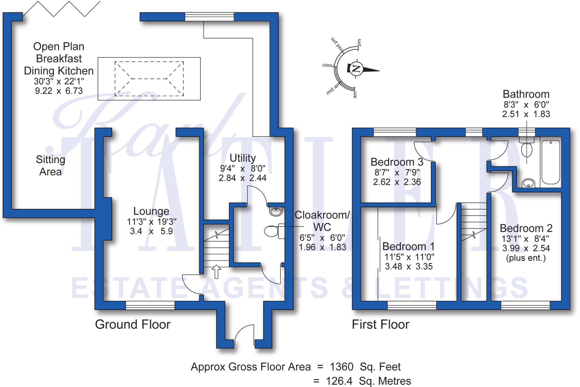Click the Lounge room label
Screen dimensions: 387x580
point(151,211)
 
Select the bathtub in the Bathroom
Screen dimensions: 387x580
point(551,162)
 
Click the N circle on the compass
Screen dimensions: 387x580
point(356,68)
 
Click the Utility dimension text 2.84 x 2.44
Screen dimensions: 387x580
point(242,178)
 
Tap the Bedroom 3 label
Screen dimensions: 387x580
point(397,162)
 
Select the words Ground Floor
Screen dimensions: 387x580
point(133,324)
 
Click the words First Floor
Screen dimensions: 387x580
point(380,324)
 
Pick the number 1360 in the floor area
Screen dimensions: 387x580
point(342,367)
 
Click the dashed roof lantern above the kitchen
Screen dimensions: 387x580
point(149,79)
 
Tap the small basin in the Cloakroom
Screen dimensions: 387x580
point(276,211)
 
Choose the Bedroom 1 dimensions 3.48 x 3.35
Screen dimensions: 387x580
point(409,267)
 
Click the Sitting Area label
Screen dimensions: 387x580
point(50,166)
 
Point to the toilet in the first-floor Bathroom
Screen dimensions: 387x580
point(526,148)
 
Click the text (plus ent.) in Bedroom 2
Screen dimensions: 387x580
point(526,258)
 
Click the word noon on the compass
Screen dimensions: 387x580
point(328,65)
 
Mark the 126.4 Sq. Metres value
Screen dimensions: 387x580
point(368,381)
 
